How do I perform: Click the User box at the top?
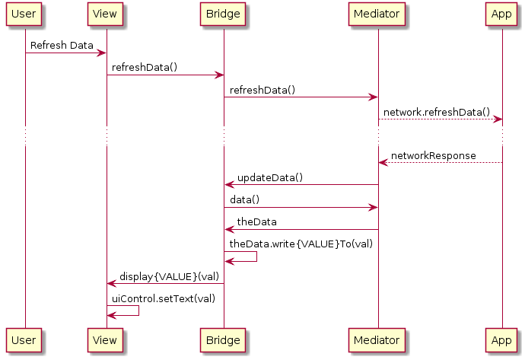coord(24,14)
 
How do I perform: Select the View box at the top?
coord(106,14)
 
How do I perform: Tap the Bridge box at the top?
coord(223,14)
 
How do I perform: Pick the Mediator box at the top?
coord(378,14)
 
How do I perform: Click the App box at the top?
coord(501,14)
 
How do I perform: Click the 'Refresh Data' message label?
coord(62,46)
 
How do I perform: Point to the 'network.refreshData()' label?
coord(437,112)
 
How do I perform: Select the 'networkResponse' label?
coord(433,156)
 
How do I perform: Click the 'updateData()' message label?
coord(270,178)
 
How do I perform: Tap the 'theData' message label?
coord(256,222)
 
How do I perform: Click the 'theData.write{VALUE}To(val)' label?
coord(301,244)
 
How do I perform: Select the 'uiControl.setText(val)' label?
coord(164,298)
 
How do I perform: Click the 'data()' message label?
coord(245,200)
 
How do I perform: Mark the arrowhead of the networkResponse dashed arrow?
coord(383,162)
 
